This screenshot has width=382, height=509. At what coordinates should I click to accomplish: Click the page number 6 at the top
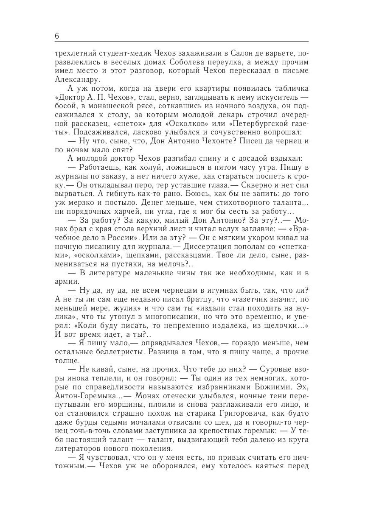click(57, 36)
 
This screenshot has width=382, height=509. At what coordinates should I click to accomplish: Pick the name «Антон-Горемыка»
click(88, 396)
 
